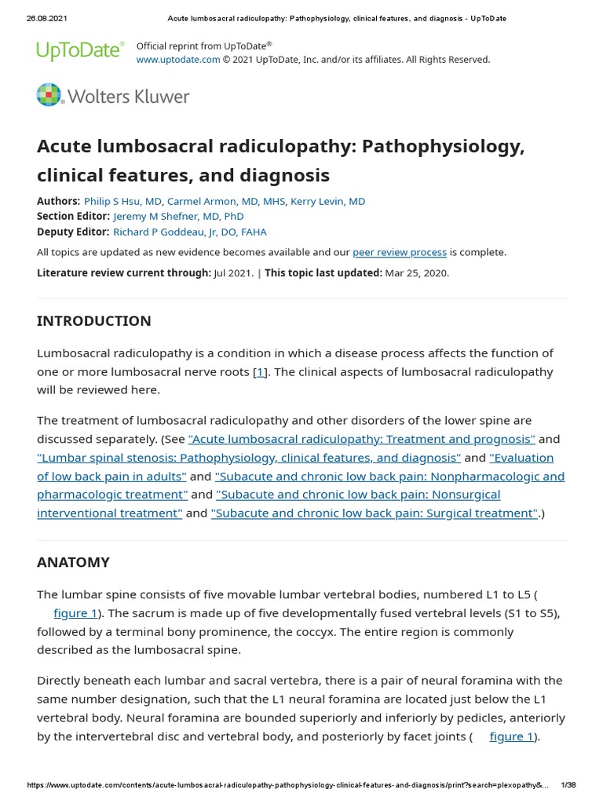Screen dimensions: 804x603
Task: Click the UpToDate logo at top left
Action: (x=80, y=52)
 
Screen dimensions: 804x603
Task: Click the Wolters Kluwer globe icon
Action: (x=49, y=95)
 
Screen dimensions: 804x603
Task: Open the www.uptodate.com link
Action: (x=178, y=60)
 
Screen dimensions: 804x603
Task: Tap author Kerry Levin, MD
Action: (x=327, y=201)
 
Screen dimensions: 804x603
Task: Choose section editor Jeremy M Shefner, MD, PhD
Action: (x=178, y=216)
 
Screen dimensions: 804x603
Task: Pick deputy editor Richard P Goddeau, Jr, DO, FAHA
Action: (x=190, y=232)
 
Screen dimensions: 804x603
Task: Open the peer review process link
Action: (x=400, y=252)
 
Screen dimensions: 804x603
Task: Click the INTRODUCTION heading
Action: (x=94, y=321)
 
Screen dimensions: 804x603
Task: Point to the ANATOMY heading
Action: (x=74, y=562)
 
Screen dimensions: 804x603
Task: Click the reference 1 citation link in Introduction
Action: (x=260, y=371)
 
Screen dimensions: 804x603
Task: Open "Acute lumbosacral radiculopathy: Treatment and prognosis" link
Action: (x=362, y=439)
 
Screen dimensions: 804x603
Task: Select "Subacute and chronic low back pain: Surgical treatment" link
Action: (x=375, y=513)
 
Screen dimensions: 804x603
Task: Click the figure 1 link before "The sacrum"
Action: (x=75, y=612)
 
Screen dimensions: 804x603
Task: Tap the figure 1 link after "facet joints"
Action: (x=512, y=736)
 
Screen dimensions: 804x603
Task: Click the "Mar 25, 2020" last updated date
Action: (x=416, y=272)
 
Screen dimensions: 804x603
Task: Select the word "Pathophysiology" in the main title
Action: (x=443, y=147)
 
